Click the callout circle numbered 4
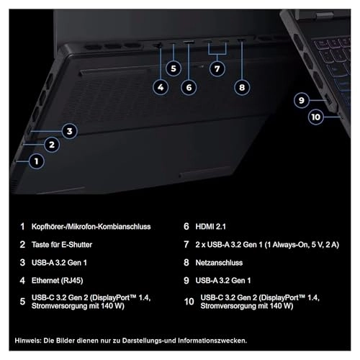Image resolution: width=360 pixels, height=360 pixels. point(161,88)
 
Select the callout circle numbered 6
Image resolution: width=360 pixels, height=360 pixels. point(189,88)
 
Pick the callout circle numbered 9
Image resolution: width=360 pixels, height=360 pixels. point(302,100)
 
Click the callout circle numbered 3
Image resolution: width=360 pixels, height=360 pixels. point(68,130)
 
